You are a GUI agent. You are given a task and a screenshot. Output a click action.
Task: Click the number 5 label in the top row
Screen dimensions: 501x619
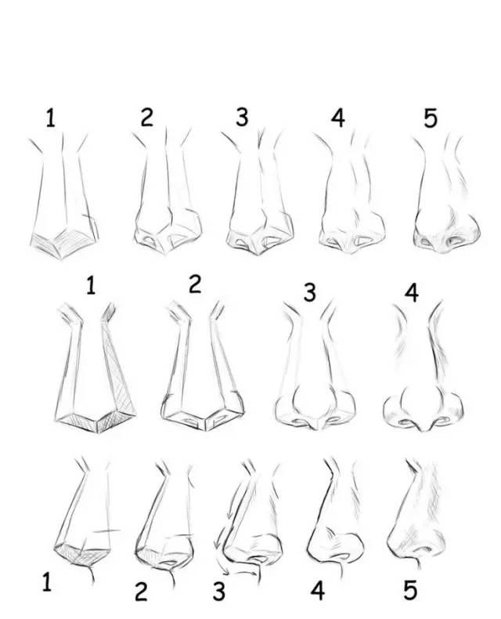[x=431, y=118]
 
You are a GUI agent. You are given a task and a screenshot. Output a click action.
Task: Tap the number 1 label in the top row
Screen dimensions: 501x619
[x=50, y=118]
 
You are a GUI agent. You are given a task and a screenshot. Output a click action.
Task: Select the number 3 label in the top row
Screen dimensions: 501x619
[x=242, y=118]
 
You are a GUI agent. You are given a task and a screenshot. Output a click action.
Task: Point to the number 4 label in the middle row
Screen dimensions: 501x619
[x=412, y=293]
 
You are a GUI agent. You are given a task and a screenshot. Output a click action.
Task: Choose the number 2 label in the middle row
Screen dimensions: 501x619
[x=195, y=284]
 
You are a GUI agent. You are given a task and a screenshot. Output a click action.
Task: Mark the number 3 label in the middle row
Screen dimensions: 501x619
[x=310, y=293]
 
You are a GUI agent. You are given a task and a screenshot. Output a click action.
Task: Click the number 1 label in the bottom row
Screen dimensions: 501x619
[x=46, y=582]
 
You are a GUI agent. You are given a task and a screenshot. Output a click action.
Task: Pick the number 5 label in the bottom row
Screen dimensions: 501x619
[x=410, y=591]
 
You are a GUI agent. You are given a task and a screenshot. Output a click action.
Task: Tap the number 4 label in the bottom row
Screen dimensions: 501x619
[x=318, y=591]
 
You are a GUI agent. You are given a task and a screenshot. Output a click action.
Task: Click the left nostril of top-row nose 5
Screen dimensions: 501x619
[x=425, y=241]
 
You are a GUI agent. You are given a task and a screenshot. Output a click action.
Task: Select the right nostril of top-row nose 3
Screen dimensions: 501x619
[x=273, y=241]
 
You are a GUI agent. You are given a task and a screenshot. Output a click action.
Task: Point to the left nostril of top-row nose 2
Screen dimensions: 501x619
[x=150, y=240]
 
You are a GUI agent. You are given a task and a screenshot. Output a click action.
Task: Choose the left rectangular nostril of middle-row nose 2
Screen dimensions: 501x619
[x=191, y=421]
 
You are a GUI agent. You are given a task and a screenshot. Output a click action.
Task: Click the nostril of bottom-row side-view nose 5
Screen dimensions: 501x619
[x=423, y=549]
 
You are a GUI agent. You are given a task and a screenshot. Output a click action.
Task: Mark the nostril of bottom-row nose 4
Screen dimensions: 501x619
[x=341, y=556]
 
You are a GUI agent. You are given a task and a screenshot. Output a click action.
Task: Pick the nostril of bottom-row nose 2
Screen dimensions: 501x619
[x=171, y=562]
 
